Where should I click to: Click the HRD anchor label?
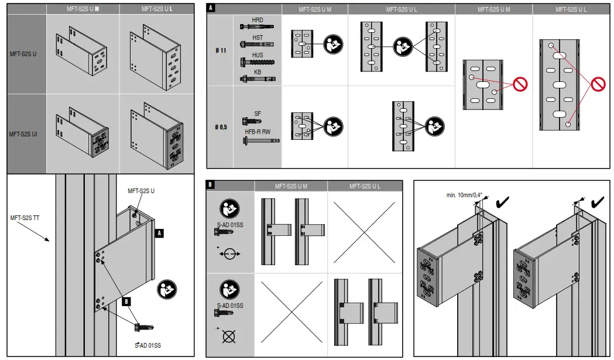click(x=257, y=20)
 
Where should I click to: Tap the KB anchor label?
click(x=257, y=72)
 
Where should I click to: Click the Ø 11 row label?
click(x=221, y=50)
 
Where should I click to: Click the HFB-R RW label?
click(x=258, y=132)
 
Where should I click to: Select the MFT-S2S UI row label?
click(x=23, y=134)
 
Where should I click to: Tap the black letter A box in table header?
click(x=211, y=9)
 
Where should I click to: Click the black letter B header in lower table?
click(x=211, y=185)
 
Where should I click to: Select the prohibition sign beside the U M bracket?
click(x=520, y=84)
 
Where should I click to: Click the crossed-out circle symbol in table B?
click(x=229, y=336)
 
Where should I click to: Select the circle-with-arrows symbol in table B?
click(x=229, y=255)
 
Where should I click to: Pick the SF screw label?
click(x=258, y=114)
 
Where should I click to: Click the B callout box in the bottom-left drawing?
click(x=126, y=302)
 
